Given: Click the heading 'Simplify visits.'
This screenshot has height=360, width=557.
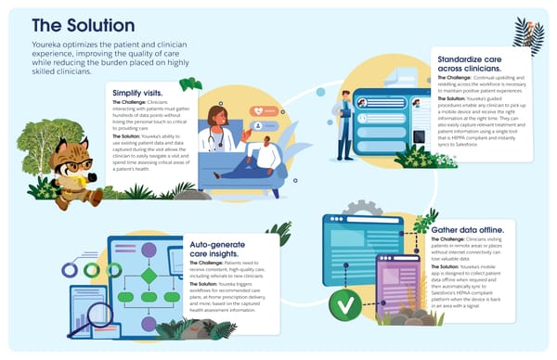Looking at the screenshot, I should (141, 94).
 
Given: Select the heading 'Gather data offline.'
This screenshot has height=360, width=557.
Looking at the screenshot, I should (469, 226).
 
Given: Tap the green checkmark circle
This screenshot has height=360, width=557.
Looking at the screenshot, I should (345, 302).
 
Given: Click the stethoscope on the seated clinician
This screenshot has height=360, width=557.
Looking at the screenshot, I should (216, 137).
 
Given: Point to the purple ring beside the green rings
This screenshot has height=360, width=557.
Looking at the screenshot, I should (69, 270).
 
